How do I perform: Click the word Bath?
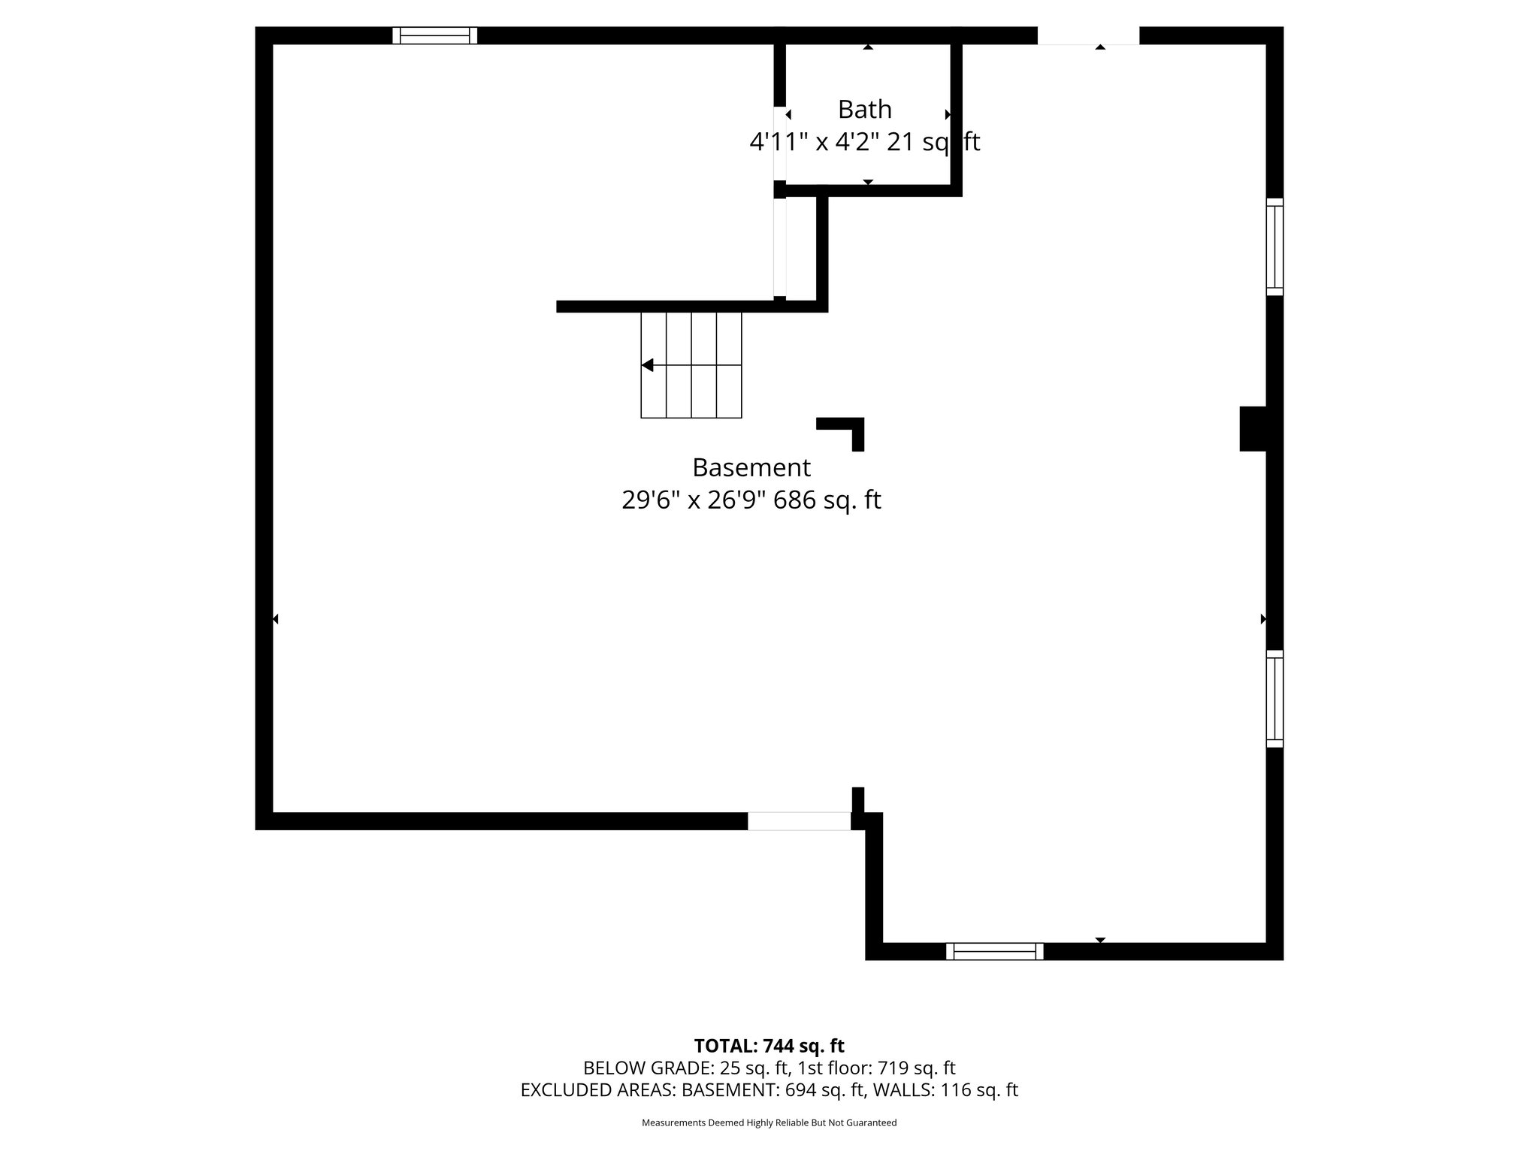point(864,110)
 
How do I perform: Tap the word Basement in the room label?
point(751,467)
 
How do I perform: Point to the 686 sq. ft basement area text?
point(827,500)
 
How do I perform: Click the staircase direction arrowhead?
point(647,365)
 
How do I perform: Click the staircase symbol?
point(691,365)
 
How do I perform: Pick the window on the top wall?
point(434,35)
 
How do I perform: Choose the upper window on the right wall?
point(1274,246)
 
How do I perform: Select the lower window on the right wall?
point(1274,698)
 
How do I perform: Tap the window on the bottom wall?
point(994,951)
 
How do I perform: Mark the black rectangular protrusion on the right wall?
point(1253,428)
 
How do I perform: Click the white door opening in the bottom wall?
point(799,821)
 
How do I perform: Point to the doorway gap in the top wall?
point(1088,35)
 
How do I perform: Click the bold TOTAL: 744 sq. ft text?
point(769,1046)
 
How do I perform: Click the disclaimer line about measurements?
point(769,1123)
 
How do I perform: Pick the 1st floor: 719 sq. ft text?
point(876,1068)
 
